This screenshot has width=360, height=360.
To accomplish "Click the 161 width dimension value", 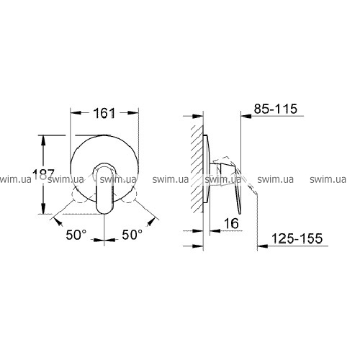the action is (104, 113).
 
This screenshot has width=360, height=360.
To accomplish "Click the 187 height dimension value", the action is (43, 174).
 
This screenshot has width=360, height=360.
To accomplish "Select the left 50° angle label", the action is (76, 235).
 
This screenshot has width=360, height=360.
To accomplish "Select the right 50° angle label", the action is (132, 235).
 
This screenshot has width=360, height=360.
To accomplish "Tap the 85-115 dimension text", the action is (276, 109).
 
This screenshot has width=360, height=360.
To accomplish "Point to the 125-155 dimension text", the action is (297, 238).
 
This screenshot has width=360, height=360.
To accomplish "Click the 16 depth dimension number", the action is (231, 223).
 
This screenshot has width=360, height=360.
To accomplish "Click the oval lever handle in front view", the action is (104, 188).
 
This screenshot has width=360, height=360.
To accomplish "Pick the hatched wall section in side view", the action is (197, 168).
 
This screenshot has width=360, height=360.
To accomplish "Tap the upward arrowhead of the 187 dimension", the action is (43, 140).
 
